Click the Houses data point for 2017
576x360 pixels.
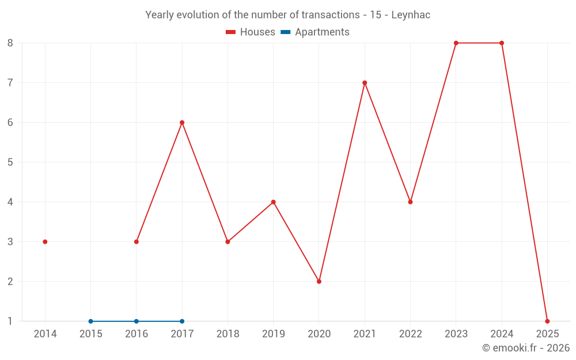182,123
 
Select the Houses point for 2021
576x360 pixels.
365,83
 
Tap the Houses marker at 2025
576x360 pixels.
547,321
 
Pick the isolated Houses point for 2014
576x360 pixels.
45,242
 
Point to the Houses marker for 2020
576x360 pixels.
319,282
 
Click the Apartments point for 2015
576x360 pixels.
90,321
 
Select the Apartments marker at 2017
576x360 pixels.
182,321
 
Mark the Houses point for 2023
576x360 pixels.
456,43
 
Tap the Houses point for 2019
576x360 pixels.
274,202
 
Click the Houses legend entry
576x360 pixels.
251,32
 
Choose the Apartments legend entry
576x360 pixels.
315,32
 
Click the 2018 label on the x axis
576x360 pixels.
228,334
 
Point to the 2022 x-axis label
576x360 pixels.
410,334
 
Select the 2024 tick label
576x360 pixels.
502,334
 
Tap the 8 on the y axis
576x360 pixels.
10,43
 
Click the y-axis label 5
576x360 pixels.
10,162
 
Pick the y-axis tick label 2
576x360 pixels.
10,282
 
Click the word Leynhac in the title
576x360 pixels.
411,15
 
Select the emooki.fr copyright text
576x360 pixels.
526,348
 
